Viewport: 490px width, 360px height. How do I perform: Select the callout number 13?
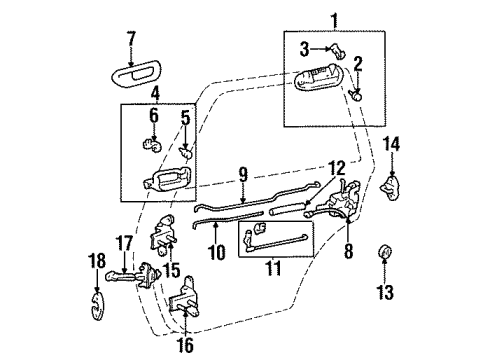coord(385,293)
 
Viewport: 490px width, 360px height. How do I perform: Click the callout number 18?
coord(97,261)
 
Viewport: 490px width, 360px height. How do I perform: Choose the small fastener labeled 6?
coord(151,146)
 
